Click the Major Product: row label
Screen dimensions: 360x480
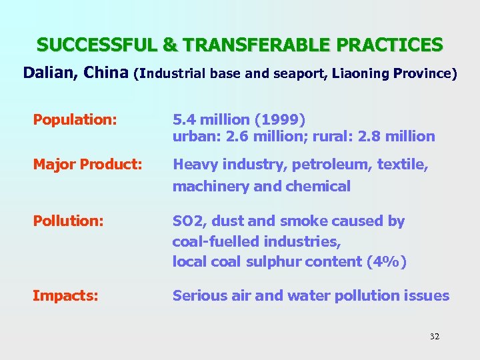tap(87, 164)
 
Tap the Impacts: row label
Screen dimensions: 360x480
tap(65, 295)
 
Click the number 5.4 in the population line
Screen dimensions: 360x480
tap(184, 120)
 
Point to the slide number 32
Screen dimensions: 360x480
tap(434, 337)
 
